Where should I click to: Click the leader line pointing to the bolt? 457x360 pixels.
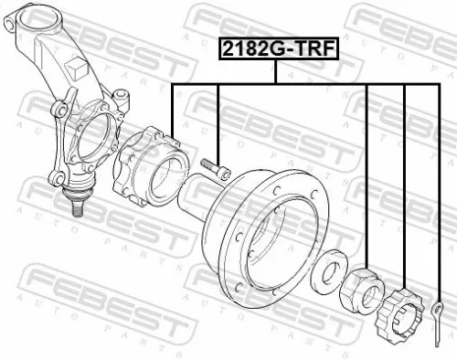click(x=219, y=119)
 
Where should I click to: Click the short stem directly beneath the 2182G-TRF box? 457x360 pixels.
click(x=276, y=72)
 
